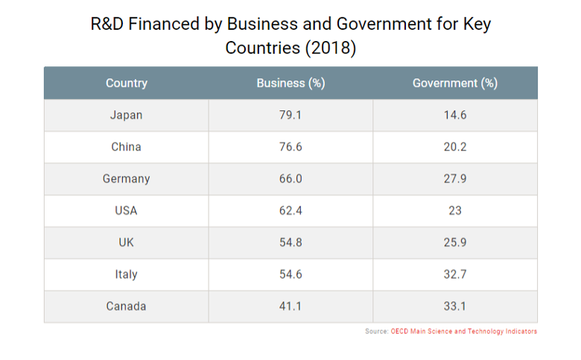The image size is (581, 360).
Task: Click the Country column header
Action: [127, 83]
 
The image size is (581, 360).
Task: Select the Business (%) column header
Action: [290, 83]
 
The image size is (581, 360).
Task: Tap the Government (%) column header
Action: [454, 83]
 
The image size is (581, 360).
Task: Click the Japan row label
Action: [127, 116]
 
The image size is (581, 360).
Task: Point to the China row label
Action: [127, 147]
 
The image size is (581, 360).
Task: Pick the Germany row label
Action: [127, 179]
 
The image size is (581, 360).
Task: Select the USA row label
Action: [127, 211]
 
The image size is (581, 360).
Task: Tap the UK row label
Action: [127, 243]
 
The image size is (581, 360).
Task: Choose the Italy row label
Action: [127, 274]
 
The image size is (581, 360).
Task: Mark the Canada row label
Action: [127, 306]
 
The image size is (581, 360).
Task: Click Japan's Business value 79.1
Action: [290, 116]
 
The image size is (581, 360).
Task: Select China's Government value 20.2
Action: [454, 147]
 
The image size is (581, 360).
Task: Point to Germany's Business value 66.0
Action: [290, 179]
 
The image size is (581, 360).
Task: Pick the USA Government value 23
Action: [454, 211]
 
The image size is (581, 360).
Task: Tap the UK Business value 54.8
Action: [290, 243]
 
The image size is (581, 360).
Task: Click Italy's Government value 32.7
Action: [454, 274]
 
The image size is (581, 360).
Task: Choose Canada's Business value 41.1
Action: [290, 306]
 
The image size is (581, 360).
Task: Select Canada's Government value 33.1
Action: [454, 306]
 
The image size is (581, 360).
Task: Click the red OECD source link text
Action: [463, 332]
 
